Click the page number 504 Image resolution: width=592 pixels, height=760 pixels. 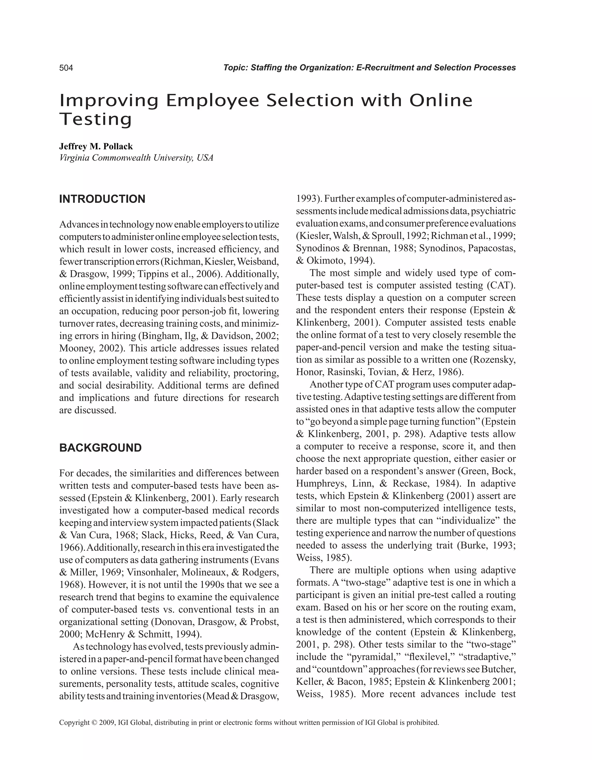(x=66, y=68)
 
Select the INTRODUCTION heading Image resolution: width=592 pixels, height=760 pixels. (x=102, y=199)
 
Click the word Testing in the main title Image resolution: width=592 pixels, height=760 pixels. (x=96, y=119)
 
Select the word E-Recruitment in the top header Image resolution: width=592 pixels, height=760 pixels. (x=385, y=68)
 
